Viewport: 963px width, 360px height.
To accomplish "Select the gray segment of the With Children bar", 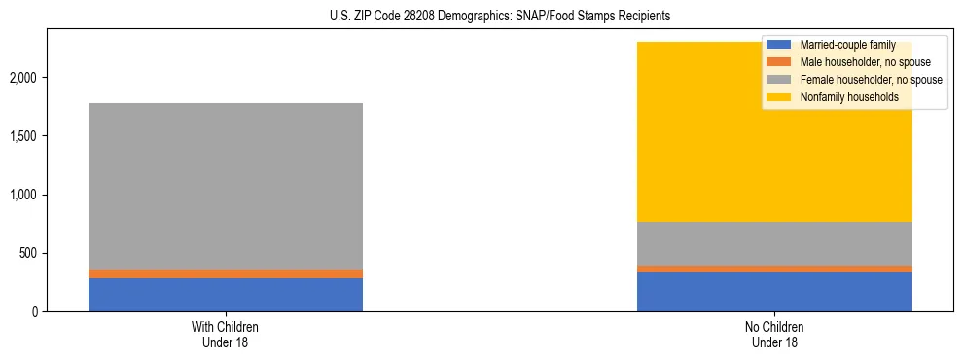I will (x=226, y=185).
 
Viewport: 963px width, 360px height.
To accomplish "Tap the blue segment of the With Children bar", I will (x=226, y=295).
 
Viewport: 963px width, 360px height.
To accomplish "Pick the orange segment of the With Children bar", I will (x=226, y=273).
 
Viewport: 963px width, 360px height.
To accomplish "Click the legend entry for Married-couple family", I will (x=846, y=45).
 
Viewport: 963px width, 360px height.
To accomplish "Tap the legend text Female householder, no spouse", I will (x=871, y=80).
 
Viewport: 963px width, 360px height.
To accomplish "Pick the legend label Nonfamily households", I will (x=849, y=97).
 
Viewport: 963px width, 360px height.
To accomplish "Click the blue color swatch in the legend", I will (x=779, y=45).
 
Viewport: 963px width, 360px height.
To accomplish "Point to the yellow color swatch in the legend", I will (x=779, y=97).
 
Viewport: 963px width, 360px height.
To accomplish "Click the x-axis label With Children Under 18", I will (x=226, y=334).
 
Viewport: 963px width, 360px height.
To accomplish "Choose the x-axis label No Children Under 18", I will (x=774, y=334).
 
